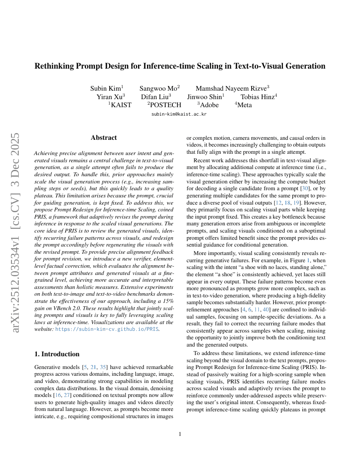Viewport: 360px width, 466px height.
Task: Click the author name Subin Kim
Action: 106,89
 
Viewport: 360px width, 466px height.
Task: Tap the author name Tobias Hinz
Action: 258,97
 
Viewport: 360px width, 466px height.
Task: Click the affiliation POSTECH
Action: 165,105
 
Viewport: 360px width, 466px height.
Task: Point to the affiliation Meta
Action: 244,105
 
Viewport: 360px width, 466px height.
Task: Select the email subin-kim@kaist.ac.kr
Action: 179,114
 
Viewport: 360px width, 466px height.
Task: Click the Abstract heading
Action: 104,138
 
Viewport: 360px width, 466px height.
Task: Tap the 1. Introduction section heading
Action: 57,354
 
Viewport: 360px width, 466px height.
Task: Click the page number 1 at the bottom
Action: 180,434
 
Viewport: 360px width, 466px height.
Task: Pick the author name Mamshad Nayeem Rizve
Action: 232,89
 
